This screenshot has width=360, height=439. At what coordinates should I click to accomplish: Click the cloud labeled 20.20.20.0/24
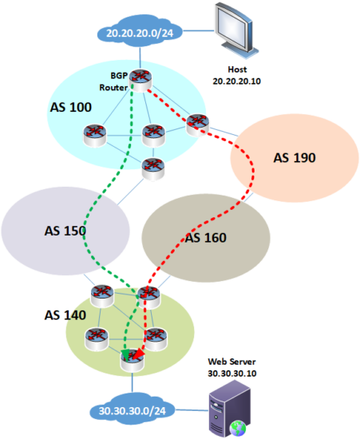(140, 34)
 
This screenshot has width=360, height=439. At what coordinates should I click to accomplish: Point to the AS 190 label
(295, 157)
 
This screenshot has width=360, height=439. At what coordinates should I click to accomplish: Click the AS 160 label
(206, 237)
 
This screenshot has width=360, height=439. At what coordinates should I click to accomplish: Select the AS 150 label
(64, 231)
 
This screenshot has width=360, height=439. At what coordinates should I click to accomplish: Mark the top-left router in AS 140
(102, 294)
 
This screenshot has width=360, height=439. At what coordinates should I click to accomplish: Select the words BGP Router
(113, 80)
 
